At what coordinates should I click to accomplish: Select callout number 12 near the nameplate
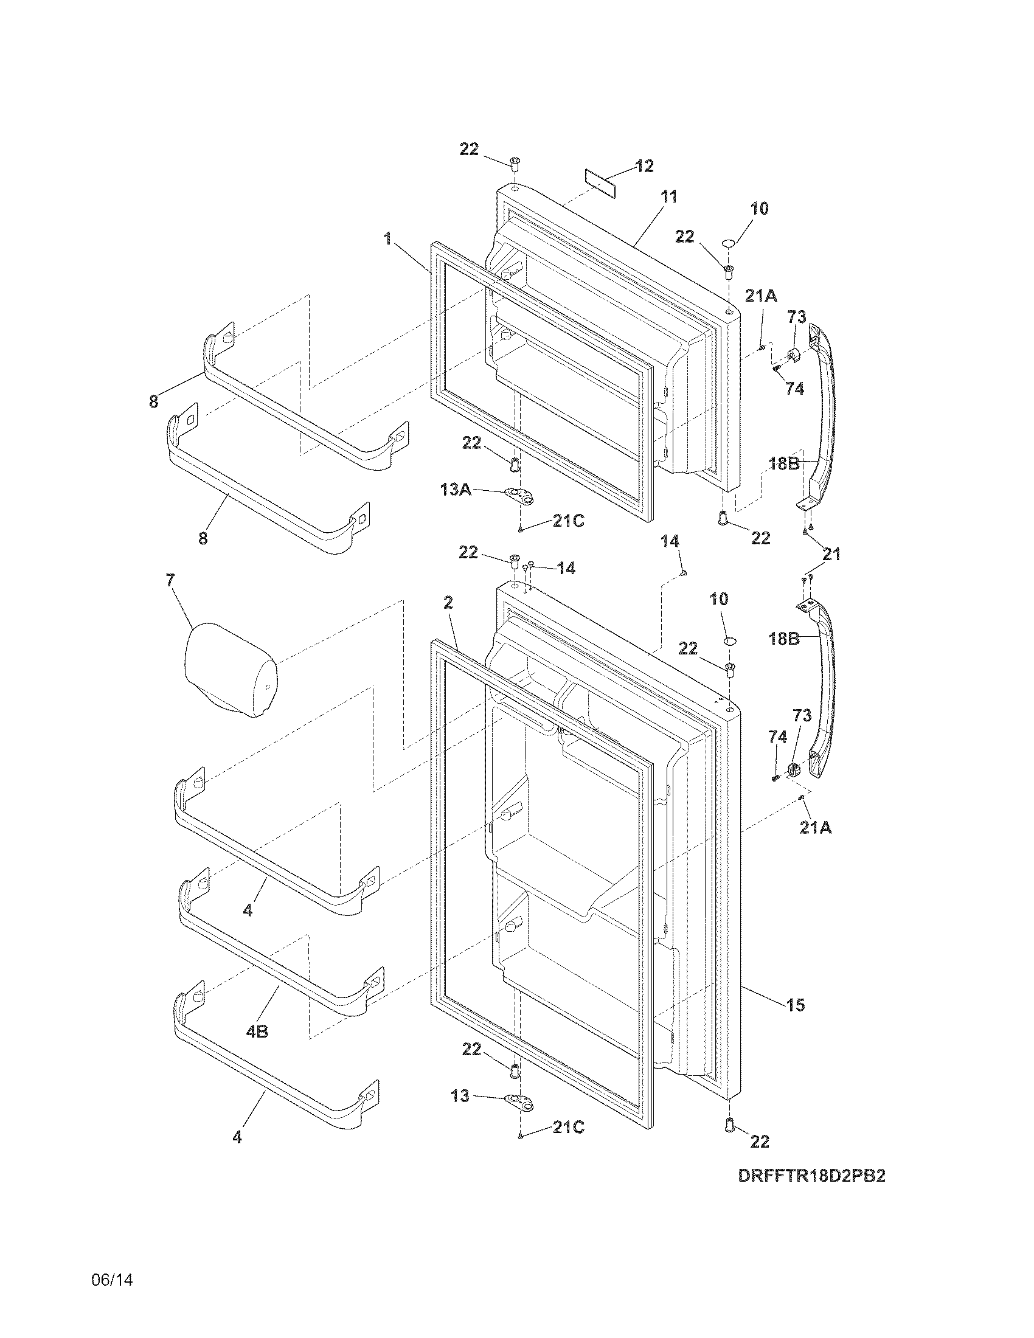tap(644, 166)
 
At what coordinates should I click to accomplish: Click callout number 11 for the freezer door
tap(669, 197)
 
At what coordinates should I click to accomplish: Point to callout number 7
tap(170, 580)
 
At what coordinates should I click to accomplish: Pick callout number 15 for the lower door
tap(796, 1005)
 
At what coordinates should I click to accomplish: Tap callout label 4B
tap(257, 1031)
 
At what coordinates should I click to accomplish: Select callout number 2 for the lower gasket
tap(448, 603)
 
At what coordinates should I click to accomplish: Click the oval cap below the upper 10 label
tap(727, 244)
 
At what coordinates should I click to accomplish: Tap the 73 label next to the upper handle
tap(796, 317)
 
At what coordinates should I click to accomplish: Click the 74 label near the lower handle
tap(777, 738)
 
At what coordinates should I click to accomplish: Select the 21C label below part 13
tap(568, 1127)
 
